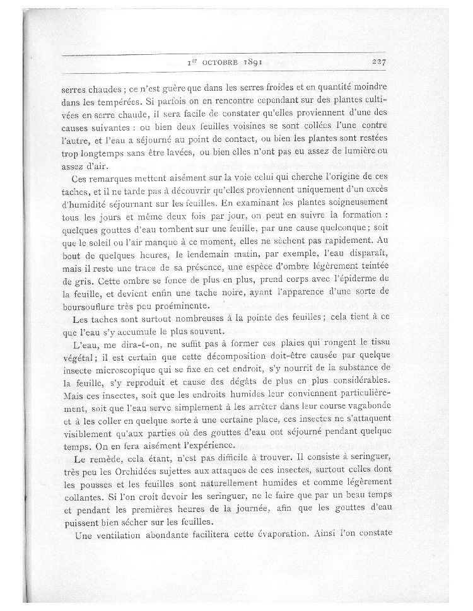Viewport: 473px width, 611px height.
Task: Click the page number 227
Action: coord(383,62)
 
